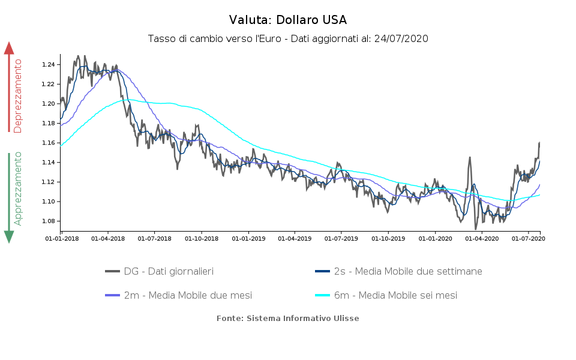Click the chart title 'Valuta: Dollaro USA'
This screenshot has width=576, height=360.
tap(288, 20)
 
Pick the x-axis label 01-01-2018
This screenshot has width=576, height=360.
tap(61, 239)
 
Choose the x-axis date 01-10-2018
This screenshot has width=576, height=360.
tap(201, 239)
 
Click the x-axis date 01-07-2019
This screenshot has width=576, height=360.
tap(341, 239)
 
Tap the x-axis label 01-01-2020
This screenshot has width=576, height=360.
tap(434, 239)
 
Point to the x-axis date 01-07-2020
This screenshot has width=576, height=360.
tap(527, 239)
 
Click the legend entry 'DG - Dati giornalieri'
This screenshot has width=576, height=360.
tap(160, 271)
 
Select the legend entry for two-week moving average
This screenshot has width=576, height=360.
tap(398, 271)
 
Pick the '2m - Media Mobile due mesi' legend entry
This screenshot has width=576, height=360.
tap(178, 295)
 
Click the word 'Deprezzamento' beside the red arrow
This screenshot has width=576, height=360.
tap(18, 96)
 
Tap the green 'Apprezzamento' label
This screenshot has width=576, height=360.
tap(18, 188)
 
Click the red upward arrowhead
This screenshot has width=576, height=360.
tap(9, 48)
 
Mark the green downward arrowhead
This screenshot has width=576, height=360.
tap(9, 236)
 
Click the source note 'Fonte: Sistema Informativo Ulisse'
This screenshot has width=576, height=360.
tap(288, 318)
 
